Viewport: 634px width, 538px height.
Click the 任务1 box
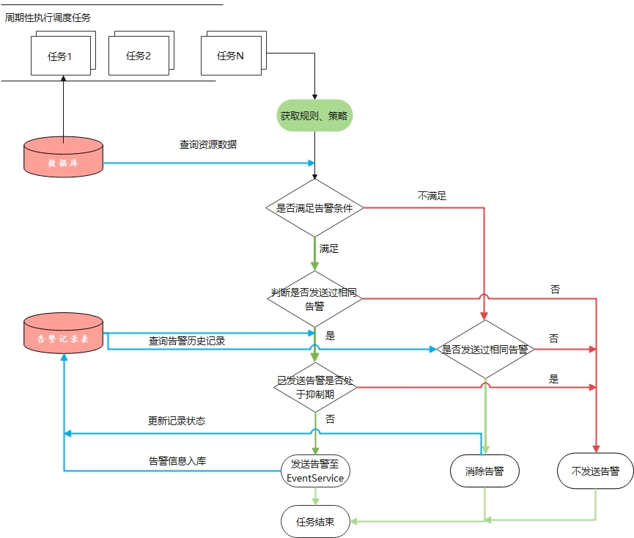(60, 56)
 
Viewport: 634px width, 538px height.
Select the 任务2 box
(139, 56)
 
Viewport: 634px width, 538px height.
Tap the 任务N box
(230, 56)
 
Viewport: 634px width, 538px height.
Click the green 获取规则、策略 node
(314, 116)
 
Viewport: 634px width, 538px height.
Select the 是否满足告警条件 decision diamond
(314, 208)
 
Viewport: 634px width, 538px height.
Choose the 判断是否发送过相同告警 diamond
(314, 298)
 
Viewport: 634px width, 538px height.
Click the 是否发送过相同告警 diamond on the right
(484, 350)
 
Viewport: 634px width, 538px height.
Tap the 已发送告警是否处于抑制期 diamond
(315, 387)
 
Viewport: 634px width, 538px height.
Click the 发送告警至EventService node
(315, 471)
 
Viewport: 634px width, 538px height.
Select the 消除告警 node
(484, 471)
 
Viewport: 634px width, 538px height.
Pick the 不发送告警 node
(594, 471)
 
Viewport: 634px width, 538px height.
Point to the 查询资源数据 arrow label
(208, 144)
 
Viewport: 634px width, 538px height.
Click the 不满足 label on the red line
(432, 196)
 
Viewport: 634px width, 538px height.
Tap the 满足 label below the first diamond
(329, 248)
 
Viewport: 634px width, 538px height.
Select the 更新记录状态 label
(177, 421)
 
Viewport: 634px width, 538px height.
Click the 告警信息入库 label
(177, 461)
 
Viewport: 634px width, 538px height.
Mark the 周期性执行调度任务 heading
(48, 18)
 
